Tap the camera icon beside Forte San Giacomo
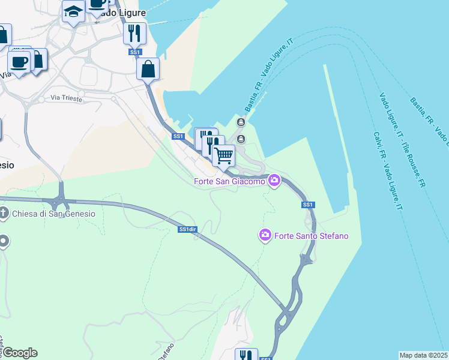click(x=274, y=180)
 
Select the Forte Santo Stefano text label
click(x=311, y=236)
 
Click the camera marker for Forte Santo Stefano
click(x=265, y=235)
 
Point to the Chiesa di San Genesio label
click(x=53, y=214)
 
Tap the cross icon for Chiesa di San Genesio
click(x=4, y=213)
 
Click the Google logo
click(x=19, y=353)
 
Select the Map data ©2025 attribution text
click(x=424, y=355)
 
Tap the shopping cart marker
click(x=224, y=155)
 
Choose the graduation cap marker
click(x=73, y=11)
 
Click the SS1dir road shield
click(x=188, y=229)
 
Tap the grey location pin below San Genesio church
click(x=4, y=241)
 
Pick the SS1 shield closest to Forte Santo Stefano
click(x=308, y=205)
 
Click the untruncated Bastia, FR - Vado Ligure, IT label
click(x=268, y=76)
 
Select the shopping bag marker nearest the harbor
click(x=148, y=68)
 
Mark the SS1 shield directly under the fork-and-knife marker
click(x=135, y=53)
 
